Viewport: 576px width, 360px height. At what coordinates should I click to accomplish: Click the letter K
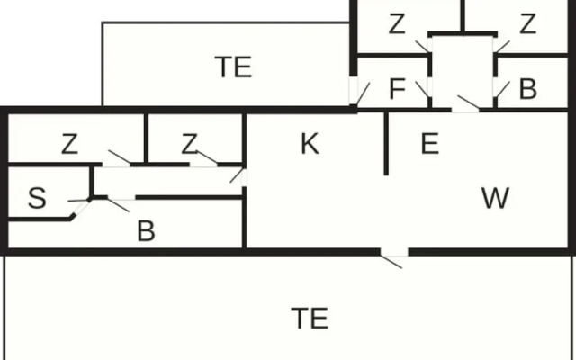click(310, 144)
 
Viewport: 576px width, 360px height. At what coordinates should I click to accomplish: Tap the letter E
click(430, 144)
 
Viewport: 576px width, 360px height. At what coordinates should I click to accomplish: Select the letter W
click(495, 198)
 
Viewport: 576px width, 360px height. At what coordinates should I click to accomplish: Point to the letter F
click(397, 89)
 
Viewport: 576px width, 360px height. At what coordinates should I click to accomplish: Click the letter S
click(37, 198)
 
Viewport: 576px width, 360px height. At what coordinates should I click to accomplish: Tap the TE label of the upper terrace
click(233, 67)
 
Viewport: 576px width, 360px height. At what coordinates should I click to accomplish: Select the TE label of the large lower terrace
click(310, 319)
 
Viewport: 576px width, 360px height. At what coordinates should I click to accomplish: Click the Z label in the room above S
click(70, 144)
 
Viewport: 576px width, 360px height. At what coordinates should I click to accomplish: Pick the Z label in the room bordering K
click(190, 144)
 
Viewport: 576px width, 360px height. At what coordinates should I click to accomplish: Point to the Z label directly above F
click(397, 24)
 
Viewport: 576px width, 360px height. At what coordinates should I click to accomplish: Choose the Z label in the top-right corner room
click(528, 24)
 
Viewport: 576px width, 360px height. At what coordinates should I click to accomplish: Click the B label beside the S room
click(146, 231)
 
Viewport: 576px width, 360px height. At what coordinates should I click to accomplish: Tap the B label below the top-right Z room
click(528, 89)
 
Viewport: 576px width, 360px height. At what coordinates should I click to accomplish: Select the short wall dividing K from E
click(386, 144)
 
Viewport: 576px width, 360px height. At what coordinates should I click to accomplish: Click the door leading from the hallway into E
click(465, 104)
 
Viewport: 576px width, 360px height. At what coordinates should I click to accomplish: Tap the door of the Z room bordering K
click(204, 158)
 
